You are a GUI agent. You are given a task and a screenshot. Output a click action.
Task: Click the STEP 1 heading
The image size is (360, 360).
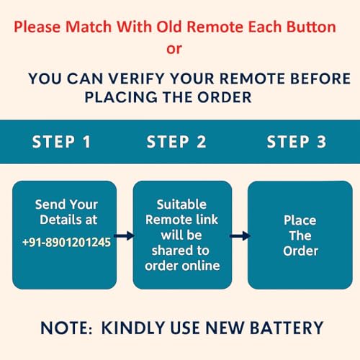62,142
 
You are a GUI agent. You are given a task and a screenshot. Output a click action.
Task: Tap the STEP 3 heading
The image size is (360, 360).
297,142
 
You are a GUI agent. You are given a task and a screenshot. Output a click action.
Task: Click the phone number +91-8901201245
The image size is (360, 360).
66,242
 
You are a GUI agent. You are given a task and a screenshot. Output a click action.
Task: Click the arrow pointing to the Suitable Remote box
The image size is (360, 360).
125,235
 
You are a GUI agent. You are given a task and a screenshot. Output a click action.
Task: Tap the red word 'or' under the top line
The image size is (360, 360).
174,49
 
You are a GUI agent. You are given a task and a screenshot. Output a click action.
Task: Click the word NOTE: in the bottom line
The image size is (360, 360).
66,328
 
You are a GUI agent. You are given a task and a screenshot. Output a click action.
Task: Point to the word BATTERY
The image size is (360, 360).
287,328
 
